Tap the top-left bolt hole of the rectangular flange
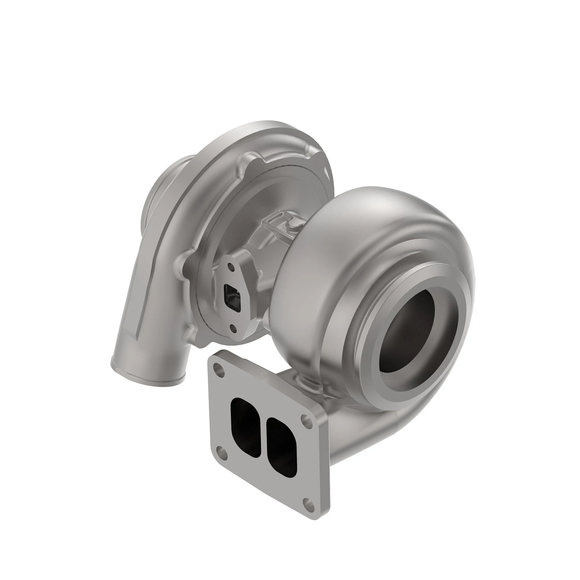[x=220, y=370]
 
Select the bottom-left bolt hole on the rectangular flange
[x=221, y=454]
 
